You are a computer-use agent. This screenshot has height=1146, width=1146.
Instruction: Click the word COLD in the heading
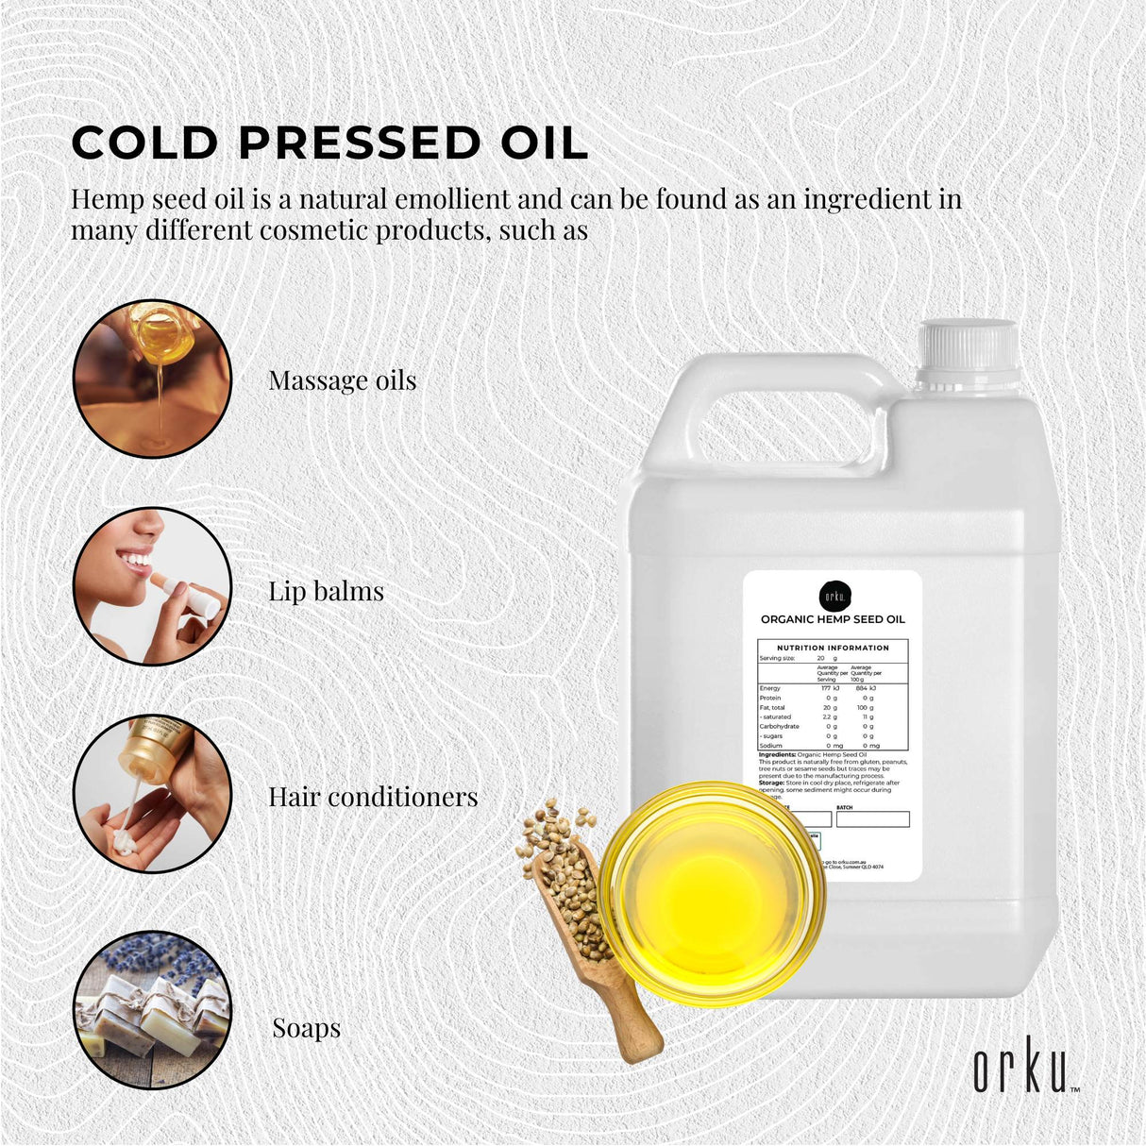[x=144, y=143]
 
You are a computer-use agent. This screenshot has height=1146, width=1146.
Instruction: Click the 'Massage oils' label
[x=342, y=380]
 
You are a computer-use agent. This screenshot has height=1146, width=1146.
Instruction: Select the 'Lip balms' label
[x=326, y=591]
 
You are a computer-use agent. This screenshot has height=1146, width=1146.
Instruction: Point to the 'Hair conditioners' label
[x=373, y=797]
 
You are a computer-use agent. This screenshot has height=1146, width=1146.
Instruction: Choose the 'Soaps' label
[x=306, y=1027]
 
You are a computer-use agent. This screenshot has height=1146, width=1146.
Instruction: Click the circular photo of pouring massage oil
[x=152, y=379]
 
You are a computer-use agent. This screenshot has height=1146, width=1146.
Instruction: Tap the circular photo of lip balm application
[x=152, y=586]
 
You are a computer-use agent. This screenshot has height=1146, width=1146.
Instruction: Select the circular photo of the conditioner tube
[x=152, y=793]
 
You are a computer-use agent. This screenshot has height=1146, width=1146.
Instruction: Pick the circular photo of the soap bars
[x=152, y=1010]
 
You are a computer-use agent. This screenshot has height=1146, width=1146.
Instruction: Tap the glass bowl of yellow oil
[x=712, y=892]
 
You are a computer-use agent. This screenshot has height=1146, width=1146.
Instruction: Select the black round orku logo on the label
[x=834, y=596]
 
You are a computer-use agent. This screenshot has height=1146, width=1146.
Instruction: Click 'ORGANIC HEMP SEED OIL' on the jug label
[x=833, y=619]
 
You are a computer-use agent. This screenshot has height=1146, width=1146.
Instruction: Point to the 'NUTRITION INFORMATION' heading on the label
[x=833, y=648]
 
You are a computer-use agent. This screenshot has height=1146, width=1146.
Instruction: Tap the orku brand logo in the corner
[x=1024, y=1070]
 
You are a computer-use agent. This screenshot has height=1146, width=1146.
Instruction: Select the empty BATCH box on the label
[x=872, y=819]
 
